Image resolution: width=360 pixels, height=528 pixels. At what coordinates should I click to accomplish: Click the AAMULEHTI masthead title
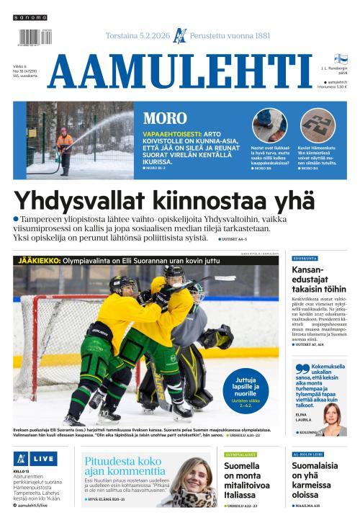180,71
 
